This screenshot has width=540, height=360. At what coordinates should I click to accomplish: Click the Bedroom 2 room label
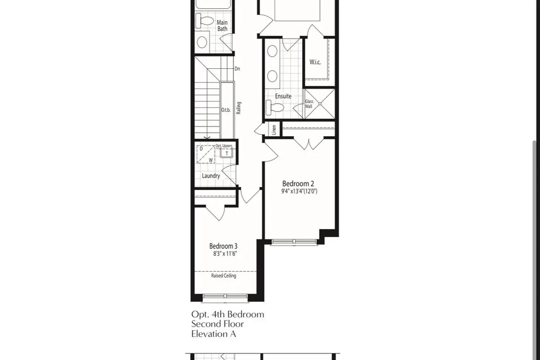pos(298,184)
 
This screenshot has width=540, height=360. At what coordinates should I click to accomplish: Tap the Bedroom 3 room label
pos(223,246)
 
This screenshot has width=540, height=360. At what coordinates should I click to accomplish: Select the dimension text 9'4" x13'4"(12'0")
pos(299,191)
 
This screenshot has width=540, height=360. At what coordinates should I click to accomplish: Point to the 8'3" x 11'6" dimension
pos(225,254)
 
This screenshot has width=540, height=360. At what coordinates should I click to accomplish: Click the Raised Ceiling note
pos(224,276)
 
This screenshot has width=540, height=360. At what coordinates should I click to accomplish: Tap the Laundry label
pos(211,176)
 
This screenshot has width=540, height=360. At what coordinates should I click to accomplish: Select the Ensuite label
pos(283,96)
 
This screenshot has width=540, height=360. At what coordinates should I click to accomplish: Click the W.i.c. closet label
pos(315,62)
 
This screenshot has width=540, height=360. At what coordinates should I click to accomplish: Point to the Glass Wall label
pos(309,104)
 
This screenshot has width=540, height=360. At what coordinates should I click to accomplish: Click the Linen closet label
pos(274,130)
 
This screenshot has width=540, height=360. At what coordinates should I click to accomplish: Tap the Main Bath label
pos(222,26)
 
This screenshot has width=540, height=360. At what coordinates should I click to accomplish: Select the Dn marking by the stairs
pos(237,68)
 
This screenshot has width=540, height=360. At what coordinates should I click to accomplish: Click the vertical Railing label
pos(238,108)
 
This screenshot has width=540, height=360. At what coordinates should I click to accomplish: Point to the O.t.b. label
pos(226,110)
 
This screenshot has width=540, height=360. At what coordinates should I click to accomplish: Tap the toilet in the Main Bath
pos(204,21)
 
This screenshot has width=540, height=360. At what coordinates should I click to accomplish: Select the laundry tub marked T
pos(227,153)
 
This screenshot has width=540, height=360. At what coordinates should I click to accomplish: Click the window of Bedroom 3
pos(225,296)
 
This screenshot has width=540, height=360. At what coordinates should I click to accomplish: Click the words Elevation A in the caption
pos(213,334)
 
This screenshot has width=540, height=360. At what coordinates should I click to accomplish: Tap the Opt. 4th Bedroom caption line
pos(228,314)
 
